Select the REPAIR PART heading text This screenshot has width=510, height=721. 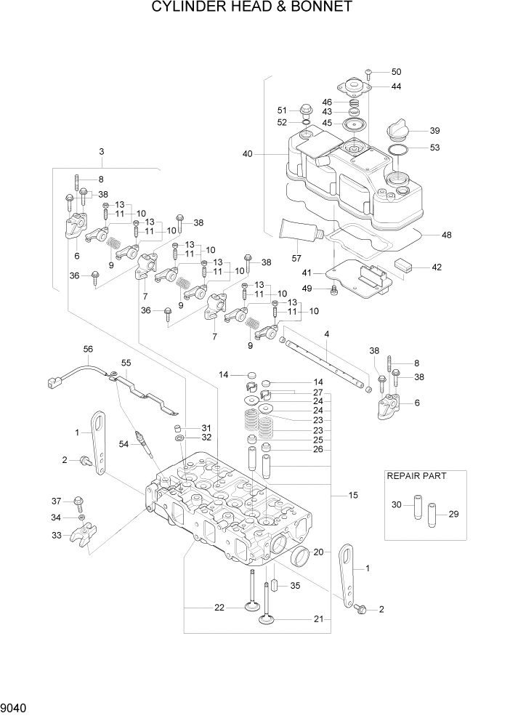click(x=416, y=476)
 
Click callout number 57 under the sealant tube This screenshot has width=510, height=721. click(x=296, y=258)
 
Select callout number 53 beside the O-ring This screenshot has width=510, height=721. click(x=434, y=148)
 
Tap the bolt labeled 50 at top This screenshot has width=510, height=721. click(x=369, y=73)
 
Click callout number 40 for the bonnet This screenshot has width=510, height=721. click(x=248, y=154)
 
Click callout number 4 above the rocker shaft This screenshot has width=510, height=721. click(x=327, y=334)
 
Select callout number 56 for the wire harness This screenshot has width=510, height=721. click(x=88, y=349)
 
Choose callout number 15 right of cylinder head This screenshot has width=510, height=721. click(x=353, y=496)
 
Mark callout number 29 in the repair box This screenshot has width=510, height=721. click(x=453, y=515)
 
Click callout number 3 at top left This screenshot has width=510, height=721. click(x=102, y=152)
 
